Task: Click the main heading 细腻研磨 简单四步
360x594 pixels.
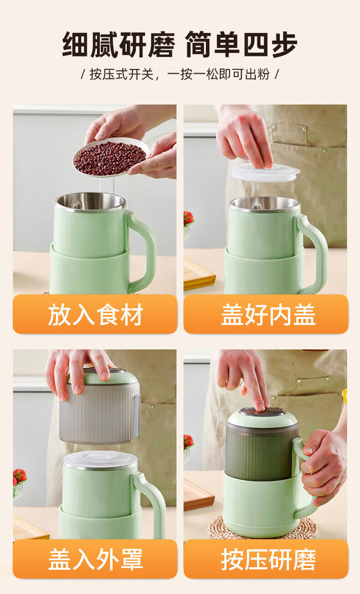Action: [x=180, y=44]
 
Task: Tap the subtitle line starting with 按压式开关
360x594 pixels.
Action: [x=180, y=74]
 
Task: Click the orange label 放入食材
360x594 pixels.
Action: [x=95, y=314]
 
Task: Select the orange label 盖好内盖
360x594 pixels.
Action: [x=266, y=314]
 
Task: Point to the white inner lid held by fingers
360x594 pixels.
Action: [x=265, y=172]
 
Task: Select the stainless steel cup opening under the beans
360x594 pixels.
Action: [x=90, y=202]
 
